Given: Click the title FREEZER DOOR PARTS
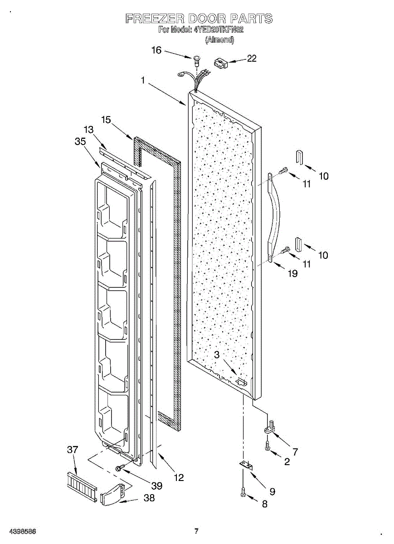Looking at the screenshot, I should (x=199, y=19).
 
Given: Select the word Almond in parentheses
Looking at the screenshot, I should (x=219, y=40).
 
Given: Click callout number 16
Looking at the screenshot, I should (x=156, y=50).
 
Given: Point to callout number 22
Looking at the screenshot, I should (x=251, y=58).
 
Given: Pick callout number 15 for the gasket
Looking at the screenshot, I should (x=106, y=120).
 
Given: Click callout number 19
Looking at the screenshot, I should (x=293, y=273).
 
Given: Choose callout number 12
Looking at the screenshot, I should (x=179, y=477).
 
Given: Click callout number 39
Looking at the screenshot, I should (x=157, y=486).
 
